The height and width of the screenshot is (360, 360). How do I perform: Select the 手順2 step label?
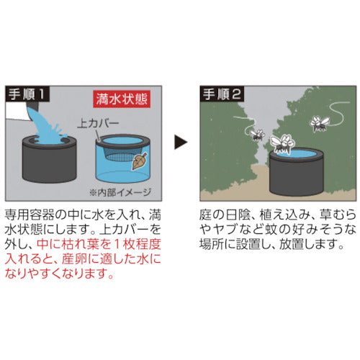(x=220, y=94)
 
